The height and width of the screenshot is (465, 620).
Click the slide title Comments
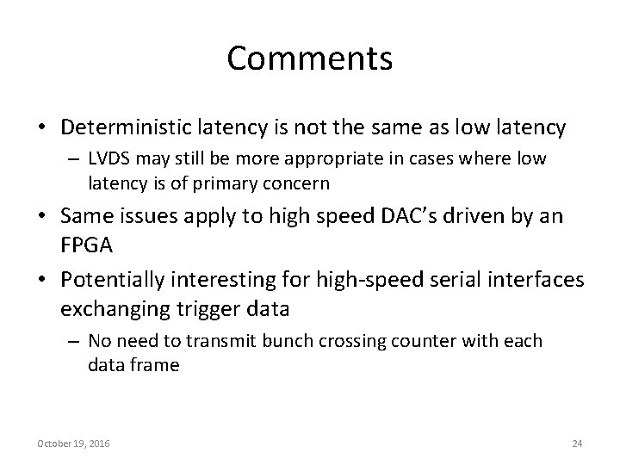[310, 59]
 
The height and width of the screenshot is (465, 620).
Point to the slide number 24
[577, 443]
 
